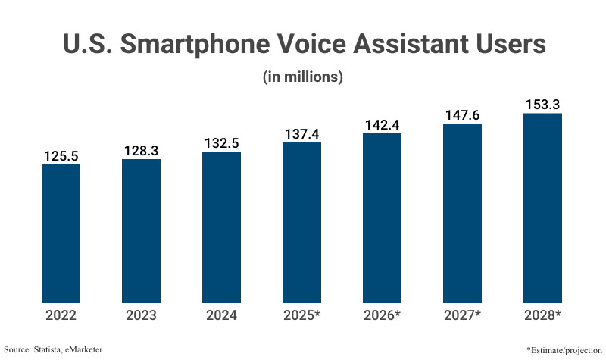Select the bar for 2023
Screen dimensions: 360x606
point(141,230)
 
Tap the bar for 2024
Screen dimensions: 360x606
point(221,227)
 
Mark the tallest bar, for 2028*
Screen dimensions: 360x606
point(542,208)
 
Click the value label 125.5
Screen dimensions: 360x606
point(61,156)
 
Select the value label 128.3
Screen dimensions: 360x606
point(141,151)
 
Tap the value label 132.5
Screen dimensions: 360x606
point(221,143)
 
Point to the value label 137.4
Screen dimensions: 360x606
point(301,134)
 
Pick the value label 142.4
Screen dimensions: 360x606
point(382,125)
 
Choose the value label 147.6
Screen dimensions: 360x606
point(462,115)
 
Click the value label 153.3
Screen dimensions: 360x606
point(542,105)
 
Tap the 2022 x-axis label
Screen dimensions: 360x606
point(61,315)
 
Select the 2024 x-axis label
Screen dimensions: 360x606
point(221,315)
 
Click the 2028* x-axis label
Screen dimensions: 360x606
point(542,315)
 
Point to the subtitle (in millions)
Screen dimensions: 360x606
point(303,77)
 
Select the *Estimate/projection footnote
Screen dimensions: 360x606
point(562,349)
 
